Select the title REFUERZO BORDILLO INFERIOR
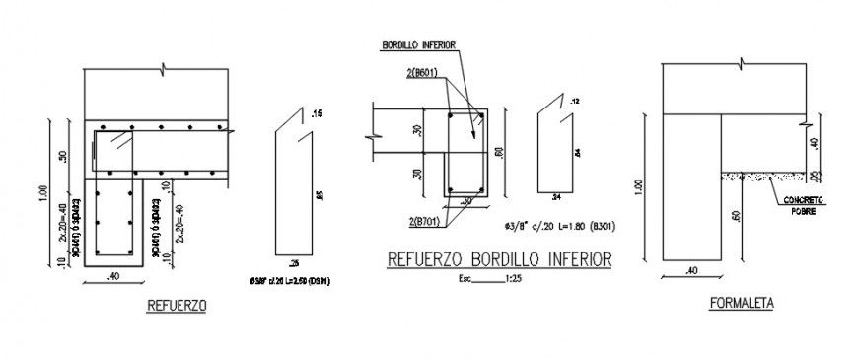pos(497,259)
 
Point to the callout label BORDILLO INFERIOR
pos(418,45)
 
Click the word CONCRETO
pos(804,199)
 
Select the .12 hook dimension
pos(576,101)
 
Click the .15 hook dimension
pos(316,115)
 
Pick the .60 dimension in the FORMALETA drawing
pos(737,215)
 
